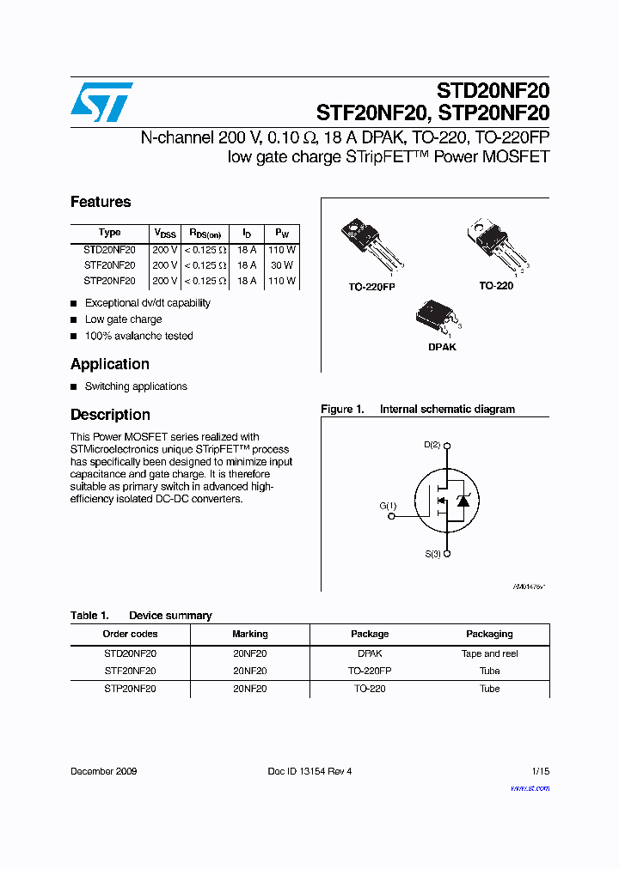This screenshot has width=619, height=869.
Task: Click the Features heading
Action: point(101,202)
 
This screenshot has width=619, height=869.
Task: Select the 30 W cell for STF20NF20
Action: point(283,265)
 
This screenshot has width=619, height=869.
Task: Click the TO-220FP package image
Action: point(371,245)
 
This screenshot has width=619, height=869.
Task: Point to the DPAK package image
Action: point(438,318)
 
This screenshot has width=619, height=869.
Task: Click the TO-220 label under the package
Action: point(496,285)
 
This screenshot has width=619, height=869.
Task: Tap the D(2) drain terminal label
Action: point(432,445)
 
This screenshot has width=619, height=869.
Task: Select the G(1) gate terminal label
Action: point(388,506)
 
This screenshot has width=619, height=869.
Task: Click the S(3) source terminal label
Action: point(432,554)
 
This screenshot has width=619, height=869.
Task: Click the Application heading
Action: point(110,364)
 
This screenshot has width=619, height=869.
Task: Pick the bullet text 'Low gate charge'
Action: point(123,319)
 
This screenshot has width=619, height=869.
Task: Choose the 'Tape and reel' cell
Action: point(489,653)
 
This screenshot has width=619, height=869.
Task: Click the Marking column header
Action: point(250,634)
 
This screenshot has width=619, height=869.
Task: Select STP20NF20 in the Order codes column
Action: point(130,689)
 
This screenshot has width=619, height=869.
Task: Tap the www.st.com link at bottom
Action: point(530,787)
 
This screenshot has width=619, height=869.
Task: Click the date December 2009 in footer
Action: point(103,771)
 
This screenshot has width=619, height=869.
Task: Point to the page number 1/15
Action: point(540,771)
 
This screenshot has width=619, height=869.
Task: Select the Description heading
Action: point(110,415)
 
